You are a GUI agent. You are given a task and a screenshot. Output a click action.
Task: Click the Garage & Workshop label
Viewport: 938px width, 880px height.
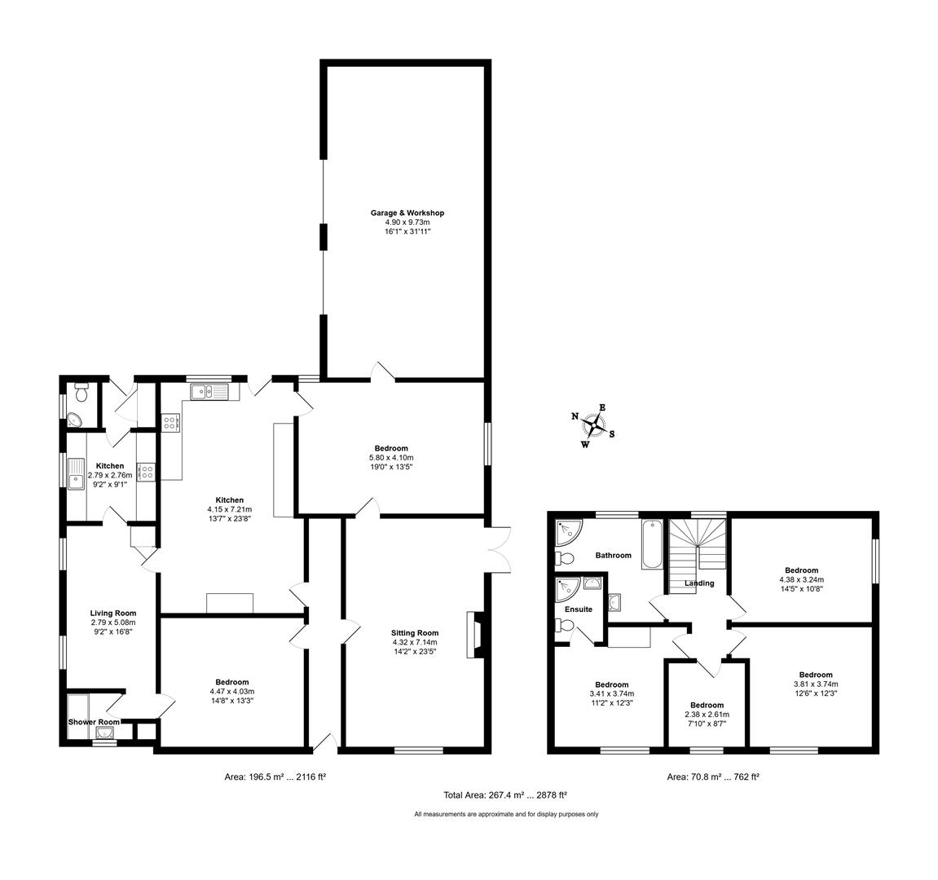click(407, 213)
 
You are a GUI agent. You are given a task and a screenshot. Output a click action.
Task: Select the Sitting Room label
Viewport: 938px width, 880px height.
click(415, 632)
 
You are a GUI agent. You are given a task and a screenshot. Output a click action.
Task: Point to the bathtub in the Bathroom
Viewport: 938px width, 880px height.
click(652, 544)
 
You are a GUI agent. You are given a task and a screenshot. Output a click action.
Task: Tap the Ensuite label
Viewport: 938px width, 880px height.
click(578, 609)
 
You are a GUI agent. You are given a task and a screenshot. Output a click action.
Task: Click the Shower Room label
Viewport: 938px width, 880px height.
click(94, 722)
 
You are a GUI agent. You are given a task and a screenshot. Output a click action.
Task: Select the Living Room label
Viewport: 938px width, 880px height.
click(113, 614)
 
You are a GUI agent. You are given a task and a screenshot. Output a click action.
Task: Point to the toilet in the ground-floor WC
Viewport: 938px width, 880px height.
click(80, 392)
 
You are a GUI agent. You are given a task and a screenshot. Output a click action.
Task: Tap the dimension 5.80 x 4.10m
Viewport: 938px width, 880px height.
click(391, 458)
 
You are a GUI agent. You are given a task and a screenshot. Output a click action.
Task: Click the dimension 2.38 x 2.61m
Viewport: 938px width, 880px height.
click(707, 715)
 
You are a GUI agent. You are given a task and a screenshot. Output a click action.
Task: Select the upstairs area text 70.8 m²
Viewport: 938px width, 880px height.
click(713, 777)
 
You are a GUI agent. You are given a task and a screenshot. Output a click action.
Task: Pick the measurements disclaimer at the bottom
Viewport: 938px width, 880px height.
click(506, 814)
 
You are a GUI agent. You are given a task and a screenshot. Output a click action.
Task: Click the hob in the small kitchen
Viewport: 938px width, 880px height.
click(147, 471)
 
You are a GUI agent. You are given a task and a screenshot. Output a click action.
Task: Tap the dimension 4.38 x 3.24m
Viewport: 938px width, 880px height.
click(801, 580)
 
